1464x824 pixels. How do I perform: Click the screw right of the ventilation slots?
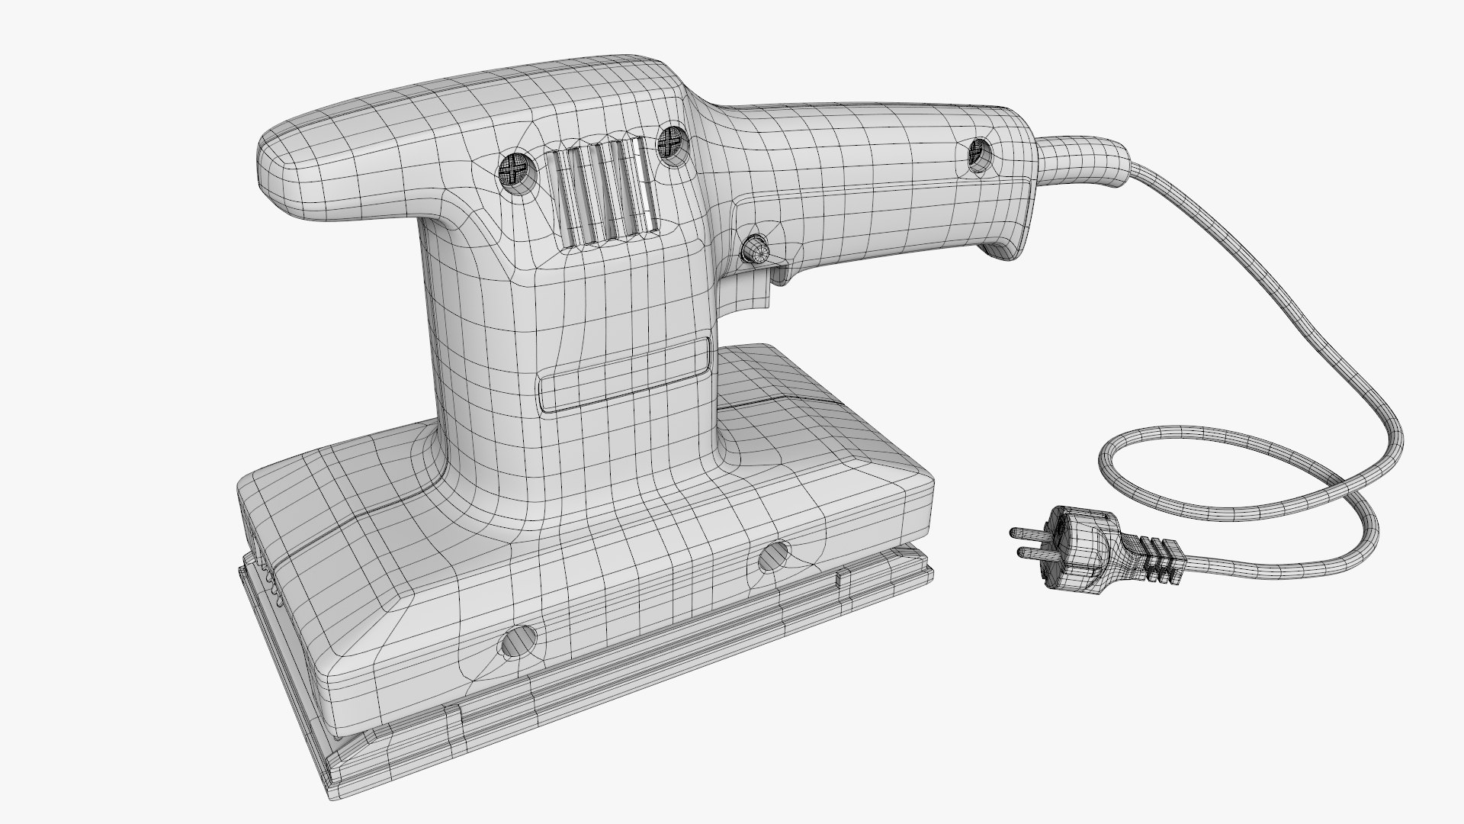point(671,142)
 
